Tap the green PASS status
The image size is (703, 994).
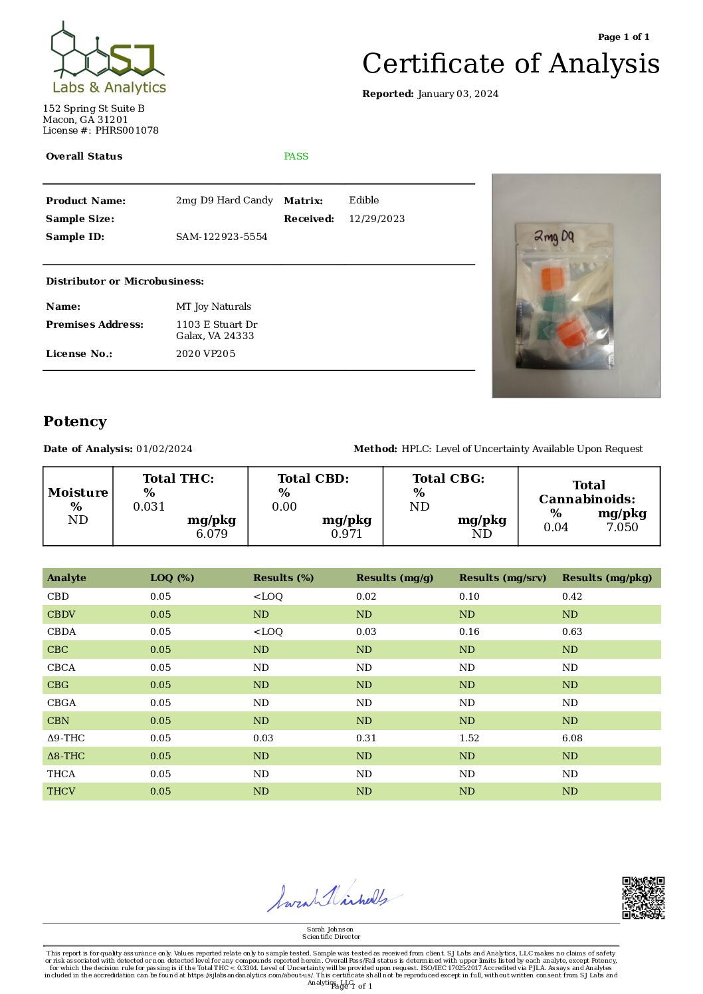(296, 156)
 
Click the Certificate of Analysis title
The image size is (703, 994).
(510, 64)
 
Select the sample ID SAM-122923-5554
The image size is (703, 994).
(221, 237)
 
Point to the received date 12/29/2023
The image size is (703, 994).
(377, 219)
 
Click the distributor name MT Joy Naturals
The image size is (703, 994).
(213, 307)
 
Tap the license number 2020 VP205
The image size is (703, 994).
(205, 354)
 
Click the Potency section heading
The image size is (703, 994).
(75, 422)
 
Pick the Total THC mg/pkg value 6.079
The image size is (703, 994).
(211, 534)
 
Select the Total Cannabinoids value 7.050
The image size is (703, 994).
(622, 527)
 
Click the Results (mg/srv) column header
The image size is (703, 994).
(502, 578)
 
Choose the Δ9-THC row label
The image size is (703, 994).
(66, 738)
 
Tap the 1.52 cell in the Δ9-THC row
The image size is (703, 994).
(469, 738)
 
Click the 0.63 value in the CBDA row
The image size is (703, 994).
(572, 632)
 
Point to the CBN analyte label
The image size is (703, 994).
(58, 721)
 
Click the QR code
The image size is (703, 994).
(643, 898)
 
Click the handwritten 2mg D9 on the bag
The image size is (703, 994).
(553, 237)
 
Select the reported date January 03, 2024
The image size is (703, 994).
(458, 94)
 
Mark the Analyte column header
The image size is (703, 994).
(66, 578)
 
